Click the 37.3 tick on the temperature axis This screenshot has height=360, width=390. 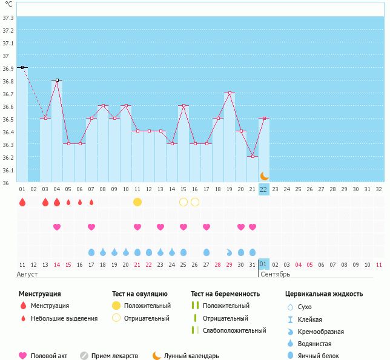8,18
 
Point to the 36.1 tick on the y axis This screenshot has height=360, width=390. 8,170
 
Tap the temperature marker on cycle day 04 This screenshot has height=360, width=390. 57,80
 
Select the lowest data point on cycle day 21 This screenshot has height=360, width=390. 253,156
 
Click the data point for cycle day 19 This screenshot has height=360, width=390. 230,93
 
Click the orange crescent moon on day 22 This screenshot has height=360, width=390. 264,176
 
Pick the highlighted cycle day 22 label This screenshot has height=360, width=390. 263,189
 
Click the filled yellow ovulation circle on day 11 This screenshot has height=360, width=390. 137,201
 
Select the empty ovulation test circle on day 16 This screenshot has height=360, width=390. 195,201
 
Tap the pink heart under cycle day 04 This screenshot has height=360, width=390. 57,227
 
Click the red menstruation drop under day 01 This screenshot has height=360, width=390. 22,201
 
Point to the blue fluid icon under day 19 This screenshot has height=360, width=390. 230,252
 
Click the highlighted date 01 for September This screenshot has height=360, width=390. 263,264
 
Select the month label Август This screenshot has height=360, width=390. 28,274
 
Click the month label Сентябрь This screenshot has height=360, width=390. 275,274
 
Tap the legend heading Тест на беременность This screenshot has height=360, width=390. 225,293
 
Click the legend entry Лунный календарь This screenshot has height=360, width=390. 191,356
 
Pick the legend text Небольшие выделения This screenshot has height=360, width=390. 64,318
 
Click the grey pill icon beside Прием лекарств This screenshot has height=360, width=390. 84,356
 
